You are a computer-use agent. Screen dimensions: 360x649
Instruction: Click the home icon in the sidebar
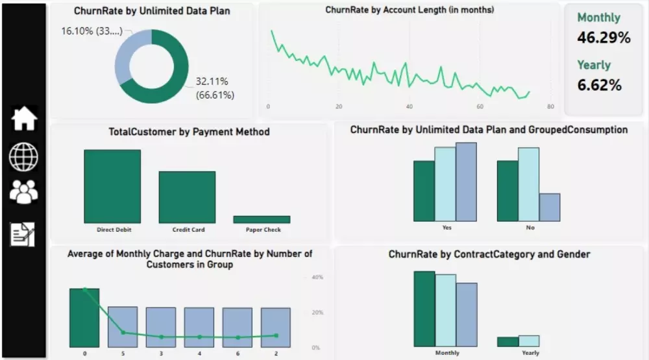pos(24,119)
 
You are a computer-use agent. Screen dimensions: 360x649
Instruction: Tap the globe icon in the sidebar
pos(24,156)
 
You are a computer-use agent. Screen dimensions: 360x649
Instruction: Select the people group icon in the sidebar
pos(24,192)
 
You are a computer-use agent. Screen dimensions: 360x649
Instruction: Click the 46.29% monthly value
pos(604,38)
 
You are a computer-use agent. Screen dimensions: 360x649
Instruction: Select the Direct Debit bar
pos(112,186)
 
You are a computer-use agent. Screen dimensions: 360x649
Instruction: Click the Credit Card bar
pos(187,197)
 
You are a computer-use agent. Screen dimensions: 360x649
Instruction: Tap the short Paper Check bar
pos(262,220)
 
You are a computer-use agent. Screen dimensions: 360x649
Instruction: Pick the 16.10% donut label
pos(90,31)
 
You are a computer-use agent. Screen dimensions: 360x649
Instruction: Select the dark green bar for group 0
pos(84,318)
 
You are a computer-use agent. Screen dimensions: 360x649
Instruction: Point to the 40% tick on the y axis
pos(317,277)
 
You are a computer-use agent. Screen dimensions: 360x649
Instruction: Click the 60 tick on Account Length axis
pos(480,107)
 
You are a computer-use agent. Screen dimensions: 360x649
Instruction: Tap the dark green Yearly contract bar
pos(508,342)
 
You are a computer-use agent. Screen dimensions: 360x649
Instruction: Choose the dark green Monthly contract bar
pos(424,309)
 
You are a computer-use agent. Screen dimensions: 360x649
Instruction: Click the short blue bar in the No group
pos(549,208)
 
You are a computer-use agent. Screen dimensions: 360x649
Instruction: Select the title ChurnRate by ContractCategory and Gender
pos(489,254)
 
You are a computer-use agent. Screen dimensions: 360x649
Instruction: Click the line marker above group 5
pos(123,333)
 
